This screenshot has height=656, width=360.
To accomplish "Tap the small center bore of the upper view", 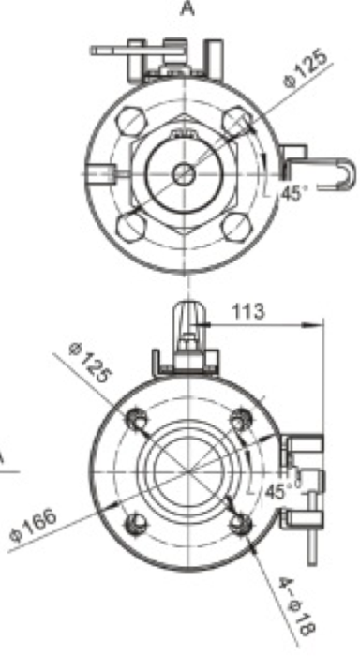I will point(184,173).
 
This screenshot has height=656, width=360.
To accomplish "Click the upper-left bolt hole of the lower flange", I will point(138,419).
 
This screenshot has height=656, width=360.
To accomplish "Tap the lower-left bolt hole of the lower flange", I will point(138,521).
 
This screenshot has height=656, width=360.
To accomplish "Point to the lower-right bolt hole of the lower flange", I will point(239,521).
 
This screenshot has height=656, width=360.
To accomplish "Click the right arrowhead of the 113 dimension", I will point(318,324).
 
